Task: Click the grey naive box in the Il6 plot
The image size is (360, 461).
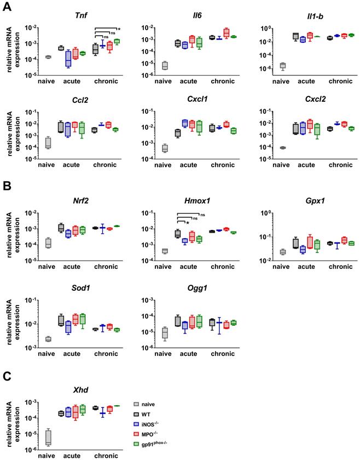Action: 165,66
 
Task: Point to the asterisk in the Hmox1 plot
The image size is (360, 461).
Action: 188,223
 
